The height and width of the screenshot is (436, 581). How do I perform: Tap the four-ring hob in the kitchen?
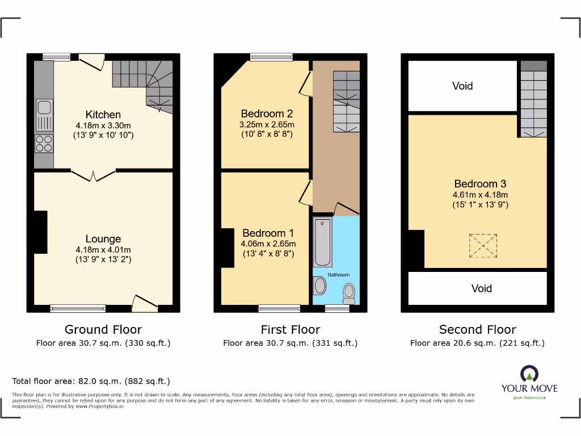[44, 143]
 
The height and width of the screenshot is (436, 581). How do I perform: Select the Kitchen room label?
[103, 115]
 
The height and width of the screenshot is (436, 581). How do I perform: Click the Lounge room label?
[103, 239]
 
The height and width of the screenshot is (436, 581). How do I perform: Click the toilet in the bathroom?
[349, 292]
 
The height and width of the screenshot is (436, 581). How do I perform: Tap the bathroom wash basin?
[320, 286]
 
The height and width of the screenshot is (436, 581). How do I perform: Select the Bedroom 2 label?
[267, 113]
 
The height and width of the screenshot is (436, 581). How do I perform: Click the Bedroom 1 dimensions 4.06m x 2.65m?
[268, 244]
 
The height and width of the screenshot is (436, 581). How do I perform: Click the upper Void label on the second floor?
[462, 86]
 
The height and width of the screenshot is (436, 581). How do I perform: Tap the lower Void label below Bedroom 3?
[482, 288]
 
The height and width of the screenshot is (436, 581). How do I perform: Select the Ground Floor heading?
[103, 329]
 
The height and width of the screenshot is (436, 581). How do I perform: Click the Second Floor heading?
[477, 329]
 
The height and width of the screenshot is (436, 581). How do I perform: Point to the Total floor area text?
[91, 381]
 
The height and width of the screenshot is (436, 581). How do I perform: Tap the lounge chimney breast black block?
[40, 232]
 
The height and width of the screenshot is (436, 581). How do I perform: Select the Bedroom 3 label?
[480, 184]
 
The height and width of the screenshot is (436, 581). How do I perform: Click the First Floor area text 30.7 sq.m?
[290, 343]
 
